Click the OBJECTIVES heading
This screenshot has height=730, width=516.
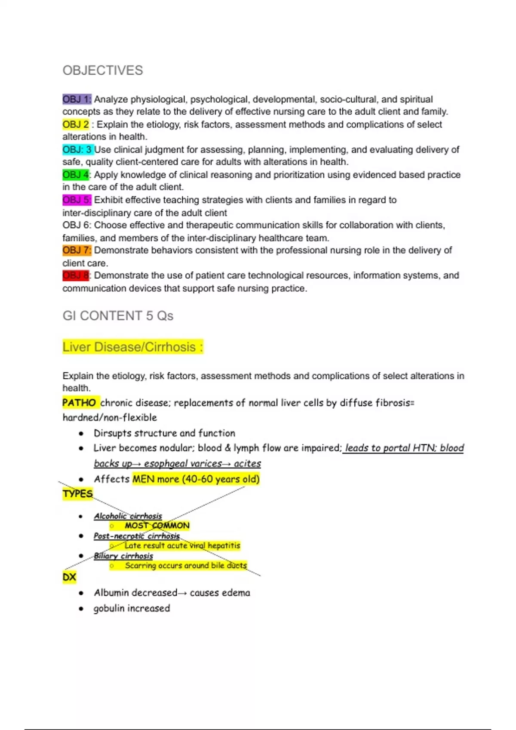coord(103,70)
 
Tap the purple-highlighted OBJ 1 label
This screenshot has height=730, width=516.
coord(77,100)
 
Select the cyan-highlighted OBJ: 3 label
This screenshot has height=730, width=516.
coord(78,150)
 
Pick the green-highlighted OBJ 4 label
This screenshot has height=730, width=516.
coord(76,175)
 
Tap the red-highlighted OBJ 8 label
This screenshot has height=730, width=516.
coord(76,276)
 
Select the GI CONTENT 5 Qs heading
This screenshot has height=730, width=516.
coord(118,316)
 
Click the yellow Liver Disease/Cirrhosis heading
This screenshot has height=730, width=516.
coord(132,347)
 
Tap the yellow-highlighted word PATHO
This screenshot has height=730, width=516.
coord(80,403)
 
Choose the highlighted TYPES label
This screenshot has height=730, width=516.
coord(78,494)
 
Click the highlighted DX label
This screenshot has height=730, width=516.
coord(69,577)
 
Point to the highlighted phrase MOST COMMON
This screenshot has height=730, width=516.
coord(157,526)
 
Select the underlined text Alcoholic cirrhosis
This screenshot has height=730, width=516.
coord(128,516)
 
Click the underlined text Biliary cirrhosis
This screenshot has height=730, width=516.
coord(123,556)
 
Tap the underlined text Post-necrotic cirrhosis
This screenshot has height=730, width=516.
coord(137,536)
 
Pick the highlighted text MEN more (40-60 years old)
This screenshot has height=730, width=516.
coord(196,479)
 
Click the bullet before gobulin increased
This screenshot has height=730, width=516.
coord(81,608)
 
